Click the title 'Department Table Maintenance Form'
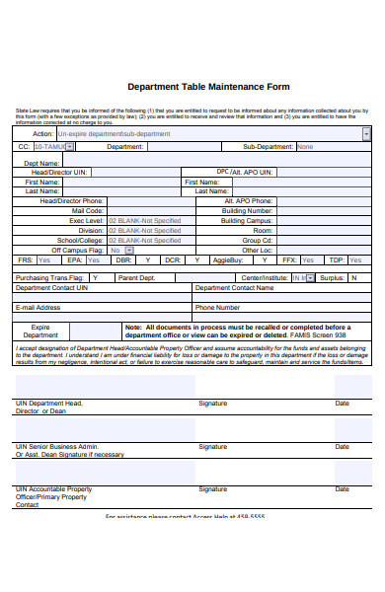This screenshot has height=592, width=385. coord(208,87)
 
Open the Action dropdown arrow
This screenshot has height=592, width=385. coord(367,133)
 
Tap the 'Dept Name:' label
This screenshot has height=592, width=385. coord(42,163)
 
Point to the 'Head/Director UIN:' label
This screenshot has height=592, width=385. coord(60,173)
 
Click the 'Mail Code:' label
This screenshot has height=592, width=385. coord(87,211)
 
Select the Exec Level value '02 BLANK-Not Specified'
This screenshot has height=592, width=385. coord(144,221)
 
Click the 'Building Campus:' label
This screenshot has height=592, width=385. coord(246,221)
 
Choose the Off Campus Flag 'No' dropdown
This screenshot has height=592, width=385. coord(120,251)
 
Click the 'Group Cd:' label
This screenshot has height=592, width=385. coord(258,241)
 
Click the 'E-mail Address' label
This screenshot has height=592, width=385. coord(38,308)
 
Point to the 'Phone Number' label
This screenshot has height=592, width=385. coord(217,308)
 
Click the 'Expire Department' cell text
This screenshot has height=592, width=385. coord(40,331)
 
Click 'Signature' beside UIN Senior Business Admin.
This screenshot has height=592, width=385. coord(212,446)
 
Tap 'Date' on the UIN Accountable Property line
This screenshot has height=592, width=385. coord(342,488)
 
